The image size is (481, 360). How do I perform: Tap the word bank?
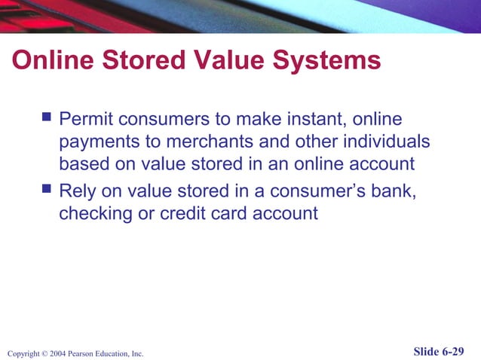point(395,191)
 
